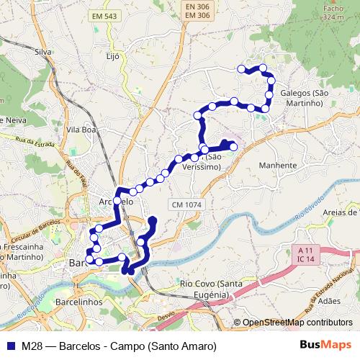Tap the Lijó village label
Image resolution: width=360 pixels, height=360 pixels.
click(x=112, y=55)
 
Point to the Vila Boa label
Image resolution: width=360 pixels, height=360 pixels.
click(x=81, y=130)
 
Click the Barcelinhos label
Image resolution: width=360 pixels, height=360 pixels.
click(x=80, y=303)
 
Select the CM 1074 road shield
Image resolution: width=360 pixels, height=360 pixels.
click(x=188, y=205)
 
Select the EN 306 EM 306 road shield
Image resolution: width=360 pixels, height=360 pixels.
click(x=196, y=12)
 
